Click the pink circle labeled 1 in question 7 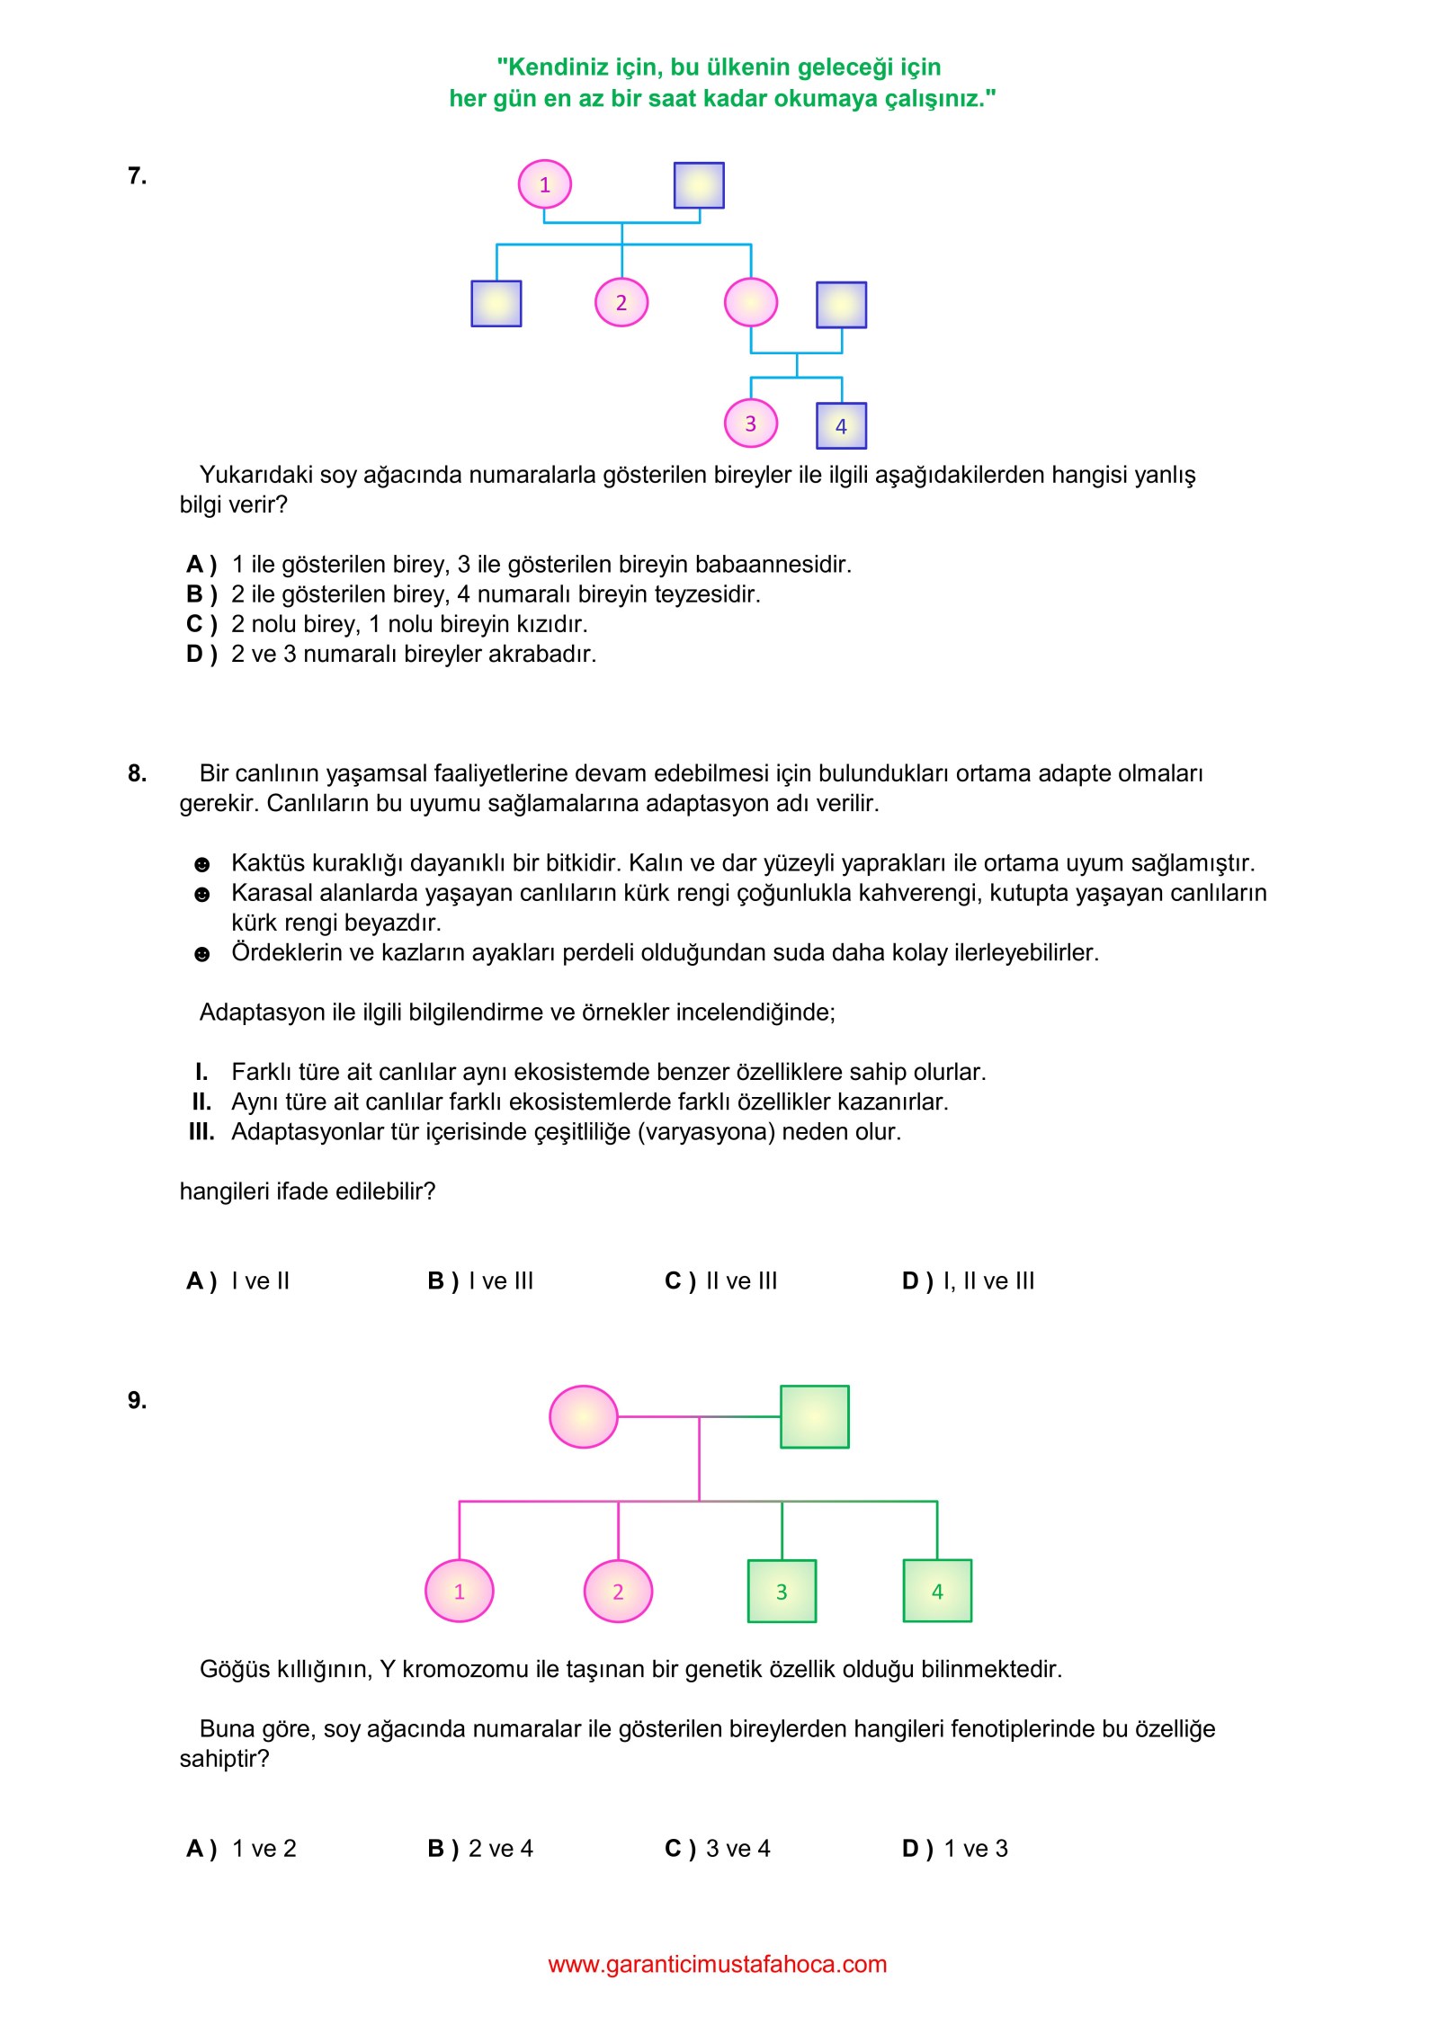544,184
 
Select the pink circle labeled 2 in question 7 621,302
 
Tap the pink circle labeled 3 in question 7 751,424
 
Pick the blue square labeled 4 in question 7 841,426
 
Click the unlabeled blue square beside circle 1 699,185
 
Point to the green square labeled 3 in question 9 782,1592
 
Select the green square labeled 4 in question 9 937,1592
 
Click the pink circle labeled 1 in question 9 460,1592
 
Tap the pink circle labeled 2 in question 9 618,1592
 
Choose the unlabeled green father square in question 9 814,1417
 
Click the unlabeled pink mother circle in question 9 584,1417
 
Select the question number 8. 137,773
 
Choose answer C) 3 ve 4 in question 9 718,1849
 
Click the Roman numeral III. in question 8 201,1131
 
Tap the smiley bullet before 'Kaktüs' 202,865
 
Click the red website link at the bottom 718,1965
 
